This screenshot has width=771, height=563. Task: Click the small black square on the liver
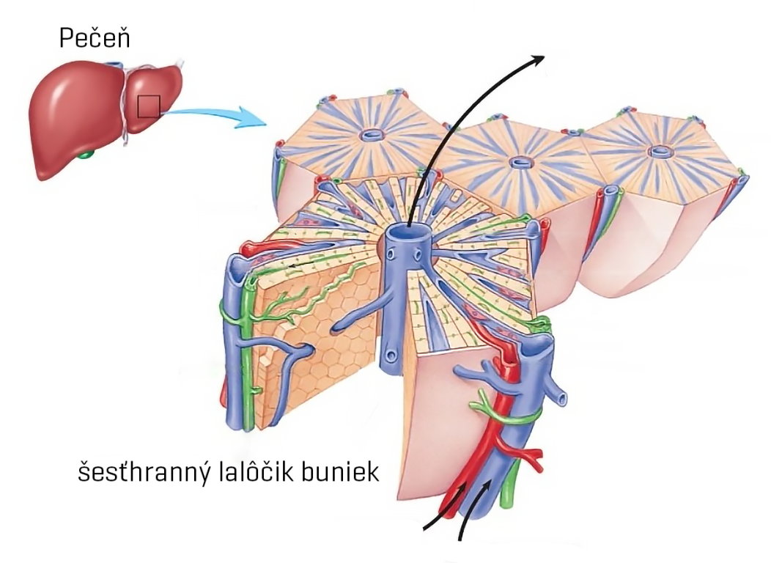pos(149,107)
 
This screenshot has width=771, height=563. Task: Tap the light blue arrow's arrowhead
pos(253,118)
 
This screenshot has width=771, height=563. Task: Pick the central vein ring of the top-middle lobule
pos(523,163)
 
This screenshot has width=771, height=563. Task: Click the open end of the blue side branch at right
pos(562,399)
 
